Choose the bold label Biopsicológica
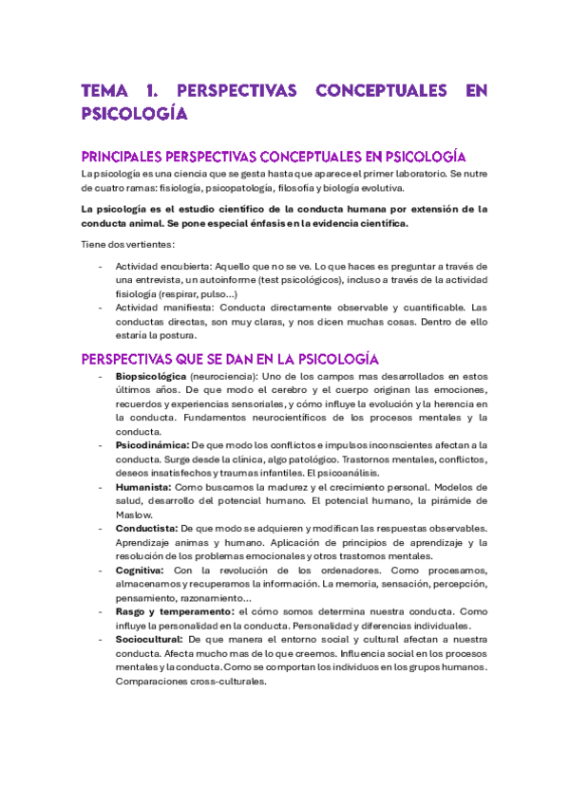point(150,378)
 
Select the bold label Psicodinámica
point(151,445)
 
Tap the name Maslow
point(133,514)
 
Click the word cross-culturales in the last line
point(222,681)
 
